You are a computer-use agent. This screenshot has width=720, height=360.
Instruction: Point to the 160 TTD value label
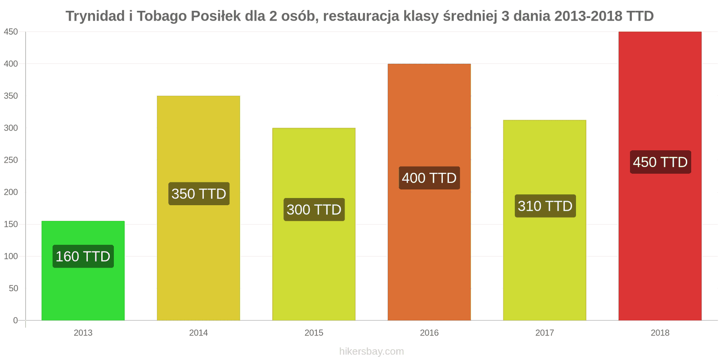point(83,256)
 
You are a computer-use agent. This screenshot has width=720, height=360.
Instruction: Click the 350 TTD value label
point(198,194)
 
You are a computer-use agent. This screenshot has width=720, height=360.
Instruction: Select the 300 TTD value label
point(314,210)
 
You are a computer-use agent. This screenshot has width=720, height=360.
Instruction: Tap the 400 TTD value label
point(429,178)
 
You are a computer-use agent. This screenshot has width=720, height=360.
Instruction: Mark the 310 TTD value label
point(545,206)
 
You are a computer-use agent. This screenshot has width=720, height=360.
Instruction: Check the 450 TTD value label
point(660,162)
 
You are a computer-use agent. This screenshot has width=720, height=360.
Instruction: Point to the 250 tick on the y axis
point(11,160)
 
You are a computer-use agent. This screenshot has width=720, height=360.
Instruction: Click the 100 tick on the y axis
point(11,256)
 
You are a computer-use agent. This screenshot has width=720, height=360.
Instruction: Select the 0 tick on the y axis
point(15,320)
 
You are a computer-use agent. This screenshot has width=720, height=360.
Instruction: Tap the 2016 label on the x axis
point(429,333)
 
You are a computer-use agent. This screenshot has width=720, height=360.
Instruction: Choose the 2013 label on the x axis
point(83,333)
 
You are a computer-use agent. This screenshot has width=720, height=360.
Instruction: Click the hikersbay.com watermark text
point(371,351)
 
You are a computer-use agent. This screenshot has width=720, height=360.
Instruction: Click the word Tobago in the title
point(162,16)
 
